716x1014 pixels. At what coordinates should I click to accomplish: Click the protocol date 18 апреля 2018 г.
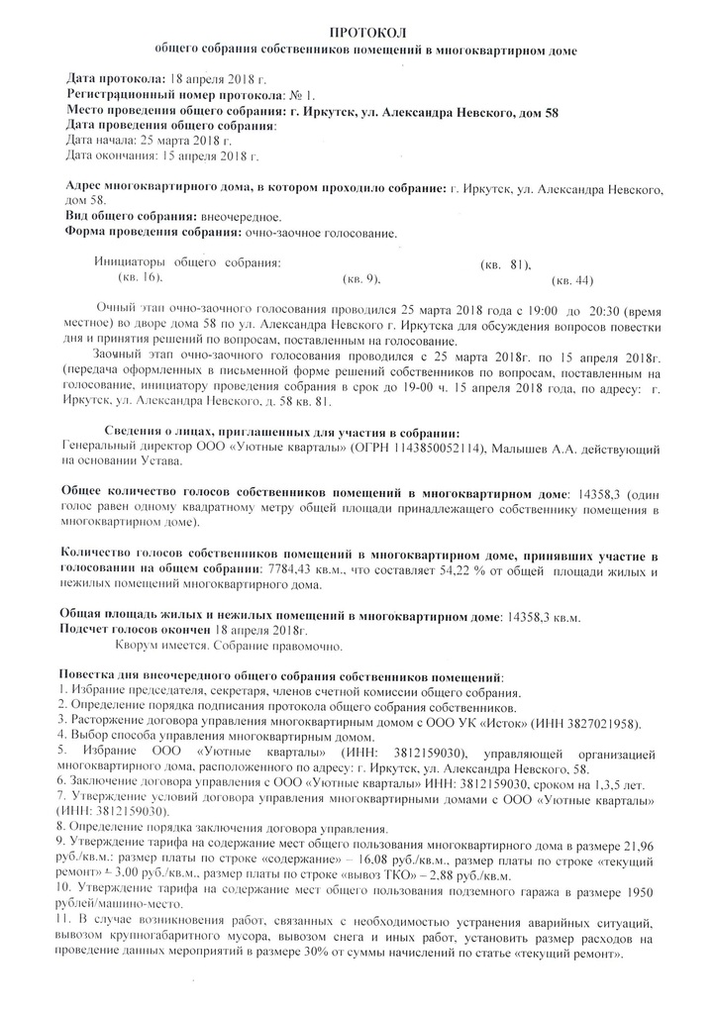[x=218, y=78]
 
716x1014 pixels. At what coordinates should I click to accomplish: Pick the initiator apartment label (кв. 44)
[x=573, y=281]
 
